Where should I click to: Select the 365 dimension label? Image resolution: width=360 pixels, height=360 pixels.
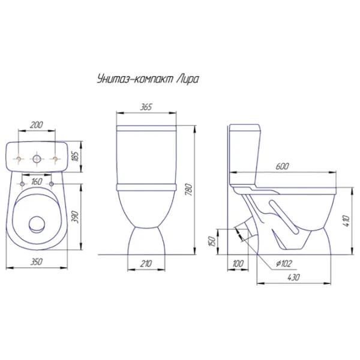(x=146, y=107)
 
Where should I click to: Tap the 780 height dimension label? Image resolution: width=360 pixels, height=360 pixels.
(x=189, y=190)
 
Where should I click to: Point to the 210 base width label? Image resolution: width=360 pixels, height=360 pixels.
(x=146, y=264)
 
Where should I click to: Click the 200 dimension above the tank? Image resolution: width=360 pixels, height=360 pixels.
(x=36, y=125)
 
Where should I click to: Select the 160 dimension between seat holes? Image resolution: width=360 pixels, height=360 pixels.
(x=37, y=182)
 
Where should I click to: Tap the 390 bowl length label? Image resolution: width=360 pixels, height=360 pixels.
(x=76, y=217)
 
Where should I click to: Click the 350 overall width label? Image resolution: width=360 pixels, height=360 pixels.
(x=36, y=262)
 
